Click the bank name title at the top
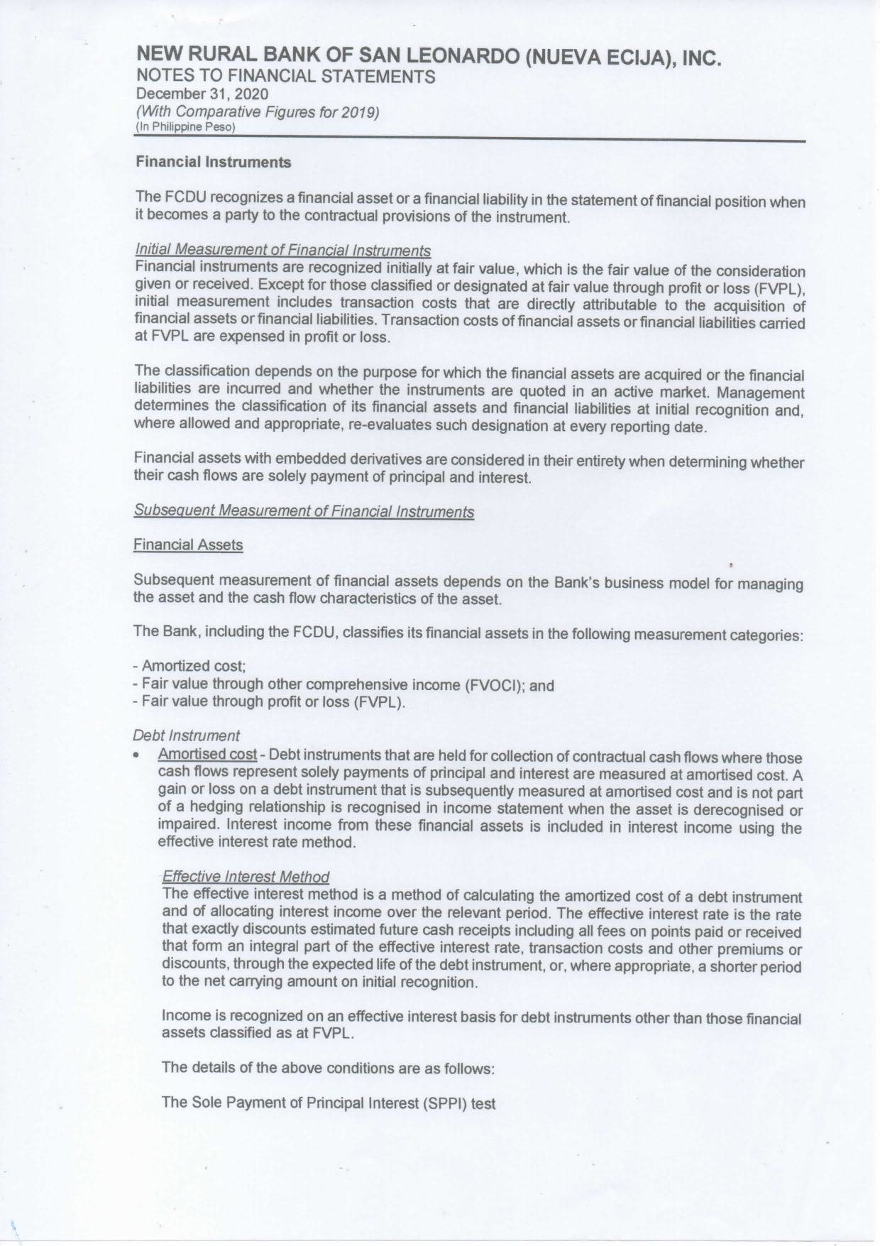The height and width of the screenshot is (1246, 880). (x=429, y=56)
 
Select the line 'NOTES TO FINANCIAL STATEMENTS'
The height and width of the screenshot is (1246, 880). (x=285, y=77)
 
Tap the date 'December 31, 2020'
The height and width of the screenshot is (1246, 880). (x=202, y=94)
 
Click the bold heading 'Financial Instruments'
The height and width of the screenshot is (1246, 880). (x=213, y=163)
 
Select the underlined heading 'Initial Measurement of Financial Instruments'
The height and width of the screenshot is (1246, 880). (x=282, y=251)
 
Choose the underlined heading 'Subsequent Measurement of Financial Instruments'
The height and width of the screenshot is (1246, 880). (x=304, y=511)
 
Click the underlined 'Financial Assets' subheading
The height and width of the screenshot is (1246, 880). (x=188, y=545)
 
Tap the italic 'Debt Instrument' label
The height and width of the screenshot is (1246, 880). (x=186, y=735)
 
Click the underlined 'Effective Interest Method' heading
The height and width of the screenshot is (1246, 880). (x=246, y=877)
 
